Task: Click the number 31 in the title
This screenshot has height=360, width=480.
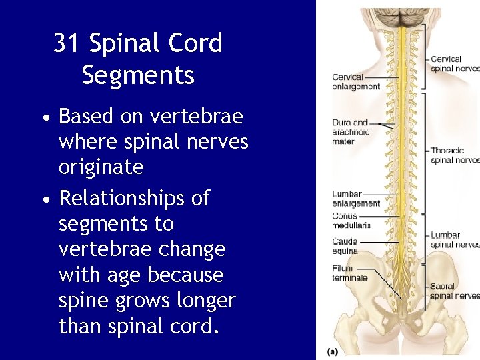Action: pyautogui.click(x=67, y=43)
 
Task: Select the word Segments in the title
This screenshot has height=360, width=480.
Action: pyautogui.click(x=138, y=75)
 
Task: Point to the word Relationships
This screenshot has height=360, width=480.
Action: pyautogui.click(x=134, y=198)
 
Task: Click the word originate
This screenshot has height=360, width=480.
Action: pyautogui.click(x=101, y=167)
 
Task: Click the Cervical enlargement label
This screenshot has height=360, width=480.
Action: pyautogui.click(x=355, y=82)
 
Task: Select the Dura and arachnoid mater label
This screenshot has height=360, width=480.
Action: pyautogui.click(x=351, y=131)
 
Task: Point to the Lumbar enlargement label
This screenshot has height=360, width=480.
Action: pyautogui.click(x=355, y=199)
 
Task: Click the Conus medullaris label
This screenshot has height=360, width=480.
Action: pyautogui.click(x=351, y=221)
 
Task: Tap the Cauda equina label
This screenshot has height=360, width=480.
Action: pyautogui.click(x=345, y=246)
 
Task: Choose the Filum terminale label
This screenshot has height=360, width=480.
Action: pyautogui.click(x=349, y=273)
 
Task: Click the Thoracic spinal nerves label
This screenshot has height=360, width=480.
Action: pyautogui.click(x=454, y=155)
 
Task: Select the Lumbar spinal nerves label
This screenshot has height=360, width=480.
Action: pyautogui.click(x=454, y=240)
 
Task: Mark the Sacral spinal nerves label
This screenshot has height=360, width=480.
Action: pyautogui.click(x=454, y=291)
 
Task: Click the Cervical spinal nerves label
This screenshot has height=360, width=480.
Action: pyautogui.click(x=454, y=63)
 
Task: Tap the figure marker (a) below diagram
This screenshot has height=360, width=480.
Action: pyautogui.click(x=332, y=351)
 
